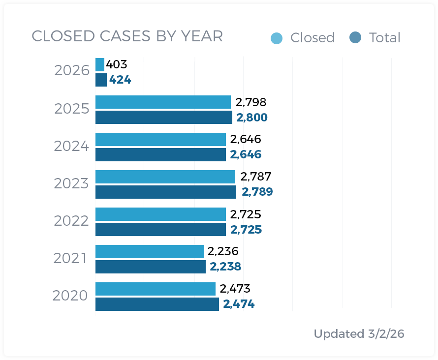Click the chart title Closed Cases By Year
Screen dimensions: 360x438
(127, 36)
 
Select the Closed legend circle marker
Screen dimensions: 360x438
(277, 38)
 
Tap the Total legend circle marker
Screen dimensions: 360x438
(355, 37)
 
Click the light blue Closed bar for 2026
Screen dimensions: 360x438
(100, 64)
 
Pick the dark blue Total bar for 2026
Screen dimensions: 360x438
(101, 80)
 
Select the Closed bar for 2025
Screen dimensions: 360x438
(163, 102)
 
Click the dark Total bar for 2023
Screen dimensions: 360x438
(165, 192)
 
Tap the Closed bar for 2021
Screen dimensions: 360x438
(149, 251)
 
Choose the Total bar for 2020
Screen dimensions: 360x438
(157, 304)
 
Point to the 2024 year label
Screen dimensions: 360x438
(71, 146)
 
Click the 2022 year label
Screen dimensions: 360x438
(71, 221)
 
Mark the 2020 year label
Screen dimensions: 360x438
(70, 296)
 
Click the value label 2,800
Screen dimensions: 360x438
(251, 118)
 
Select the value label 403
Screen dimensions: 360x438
(117, 64)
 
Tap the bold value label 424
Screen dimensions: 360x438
(120, 80)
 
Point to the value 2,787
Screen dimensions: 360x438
(255, 177)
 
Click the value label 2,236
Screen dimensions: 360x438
(223, 251)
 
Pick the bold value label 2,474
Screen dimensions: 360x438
(239, 304)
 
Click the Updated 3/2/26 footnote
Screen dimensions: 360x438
(359, 334)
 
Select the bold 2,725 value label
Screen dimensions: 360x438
(246, 230)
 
